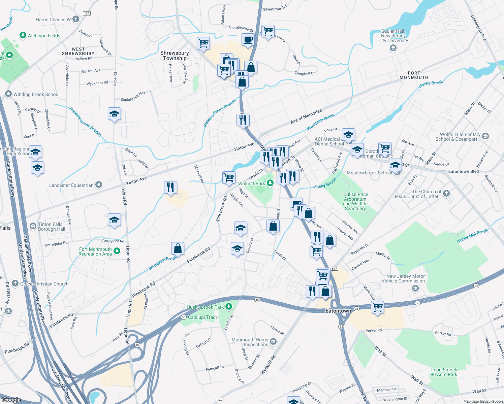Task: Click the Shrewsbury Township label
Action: [x=175, y=56]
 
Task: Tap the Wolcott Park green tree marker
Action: [x=270, y=183]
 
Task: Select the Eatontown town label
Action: [x=338, y=311]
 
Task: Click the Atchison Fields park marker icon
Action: [x=23, y=35]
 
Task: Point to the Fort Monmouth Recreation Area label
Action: [x=95, y=251]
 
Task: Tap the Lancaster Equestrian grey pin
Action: [x=99, y=185]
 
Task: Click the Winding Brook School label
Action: [x=36, y=94]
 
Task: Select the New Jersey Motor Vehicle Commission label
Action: [x=403, y=278]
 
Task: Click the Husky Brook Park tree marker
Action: [x=229, y=306]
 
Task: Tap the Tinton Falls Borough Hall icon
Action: [x=33, y=226]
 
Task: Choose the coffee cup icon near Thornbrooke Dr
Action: [x=248, y=39]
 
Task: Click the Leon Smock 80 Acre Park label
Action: [x=444, y=372]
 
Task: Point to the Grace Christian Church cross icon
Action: [x=15, y=283]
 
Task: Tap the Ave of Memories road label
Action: [x=306, y=116]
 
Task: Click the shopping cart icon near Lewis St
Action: [x=229, y=177]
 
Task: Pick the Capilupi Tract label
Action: [x=202, y=317]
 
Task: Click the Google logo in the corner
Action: [x=11, y=400]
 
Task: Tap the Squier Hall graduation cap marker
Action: [x=393, y=48]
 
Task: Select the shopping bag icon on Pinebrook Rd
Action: [x=178, y=248]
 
